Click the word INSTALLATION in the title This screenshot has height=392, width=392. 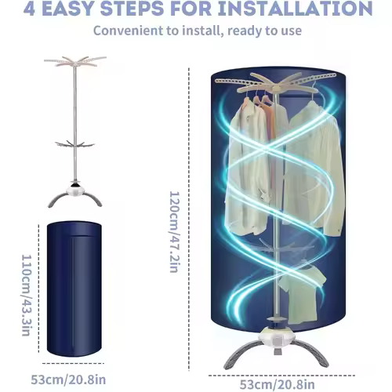pos(296,8)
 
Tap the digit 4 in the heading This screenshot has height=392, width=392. pos(29,9)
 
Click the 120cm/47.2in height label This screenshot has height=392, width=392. pos(174,232)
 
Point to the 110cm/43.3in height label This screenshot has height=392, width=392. pos(27,296)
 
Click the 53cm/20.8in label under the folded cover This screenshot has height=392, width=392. pos(68,379)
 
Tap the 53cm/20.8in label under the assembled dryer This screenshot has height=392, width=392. pos(278,385)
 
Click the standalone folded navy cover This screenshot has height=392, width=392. pos(74,289)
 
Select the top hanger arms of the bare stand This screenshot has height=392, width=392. pos(75,61)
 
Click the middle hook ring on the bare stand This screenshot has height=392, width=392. pos(74,144)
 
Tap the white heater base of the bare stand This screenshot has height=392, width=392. pos(75,190)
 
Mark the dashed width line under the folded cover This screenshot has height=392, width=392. pos(73,363)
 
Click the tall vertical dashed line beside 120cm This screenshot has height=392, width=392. pos(189,219)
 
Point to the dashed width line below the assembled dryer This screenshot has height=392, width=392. pos(281,376)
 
